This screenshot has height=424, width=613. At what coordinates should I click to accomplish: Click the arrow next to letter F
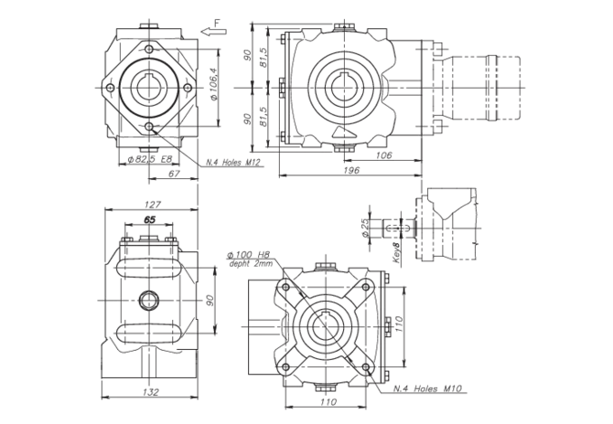(213, 32)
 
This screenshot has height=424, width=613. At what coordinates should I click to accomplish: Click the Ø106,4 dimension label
(213, 84)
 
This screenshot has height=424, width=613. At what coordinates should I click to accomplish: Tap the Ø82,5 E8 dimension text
(151, 159)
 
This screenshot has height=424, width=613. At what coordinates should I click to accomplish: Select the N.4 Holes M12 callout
(233, 163)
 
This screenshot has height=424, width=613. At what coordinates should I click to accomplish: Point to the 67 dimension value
(173, 174)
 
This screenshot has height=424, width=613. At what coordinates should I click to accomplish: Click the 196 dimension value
(351, 170)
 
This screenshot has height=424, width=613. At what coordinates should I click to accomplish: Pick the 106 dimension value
(383, 155)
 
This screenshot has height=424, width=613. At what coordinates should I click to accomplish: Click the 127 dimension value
(152, 205)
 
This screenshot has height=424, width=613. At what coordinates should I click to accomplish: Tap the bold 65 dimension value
(150, 220)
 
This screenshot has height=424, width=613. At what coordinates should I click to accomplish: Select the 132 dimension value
(151, 392)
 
